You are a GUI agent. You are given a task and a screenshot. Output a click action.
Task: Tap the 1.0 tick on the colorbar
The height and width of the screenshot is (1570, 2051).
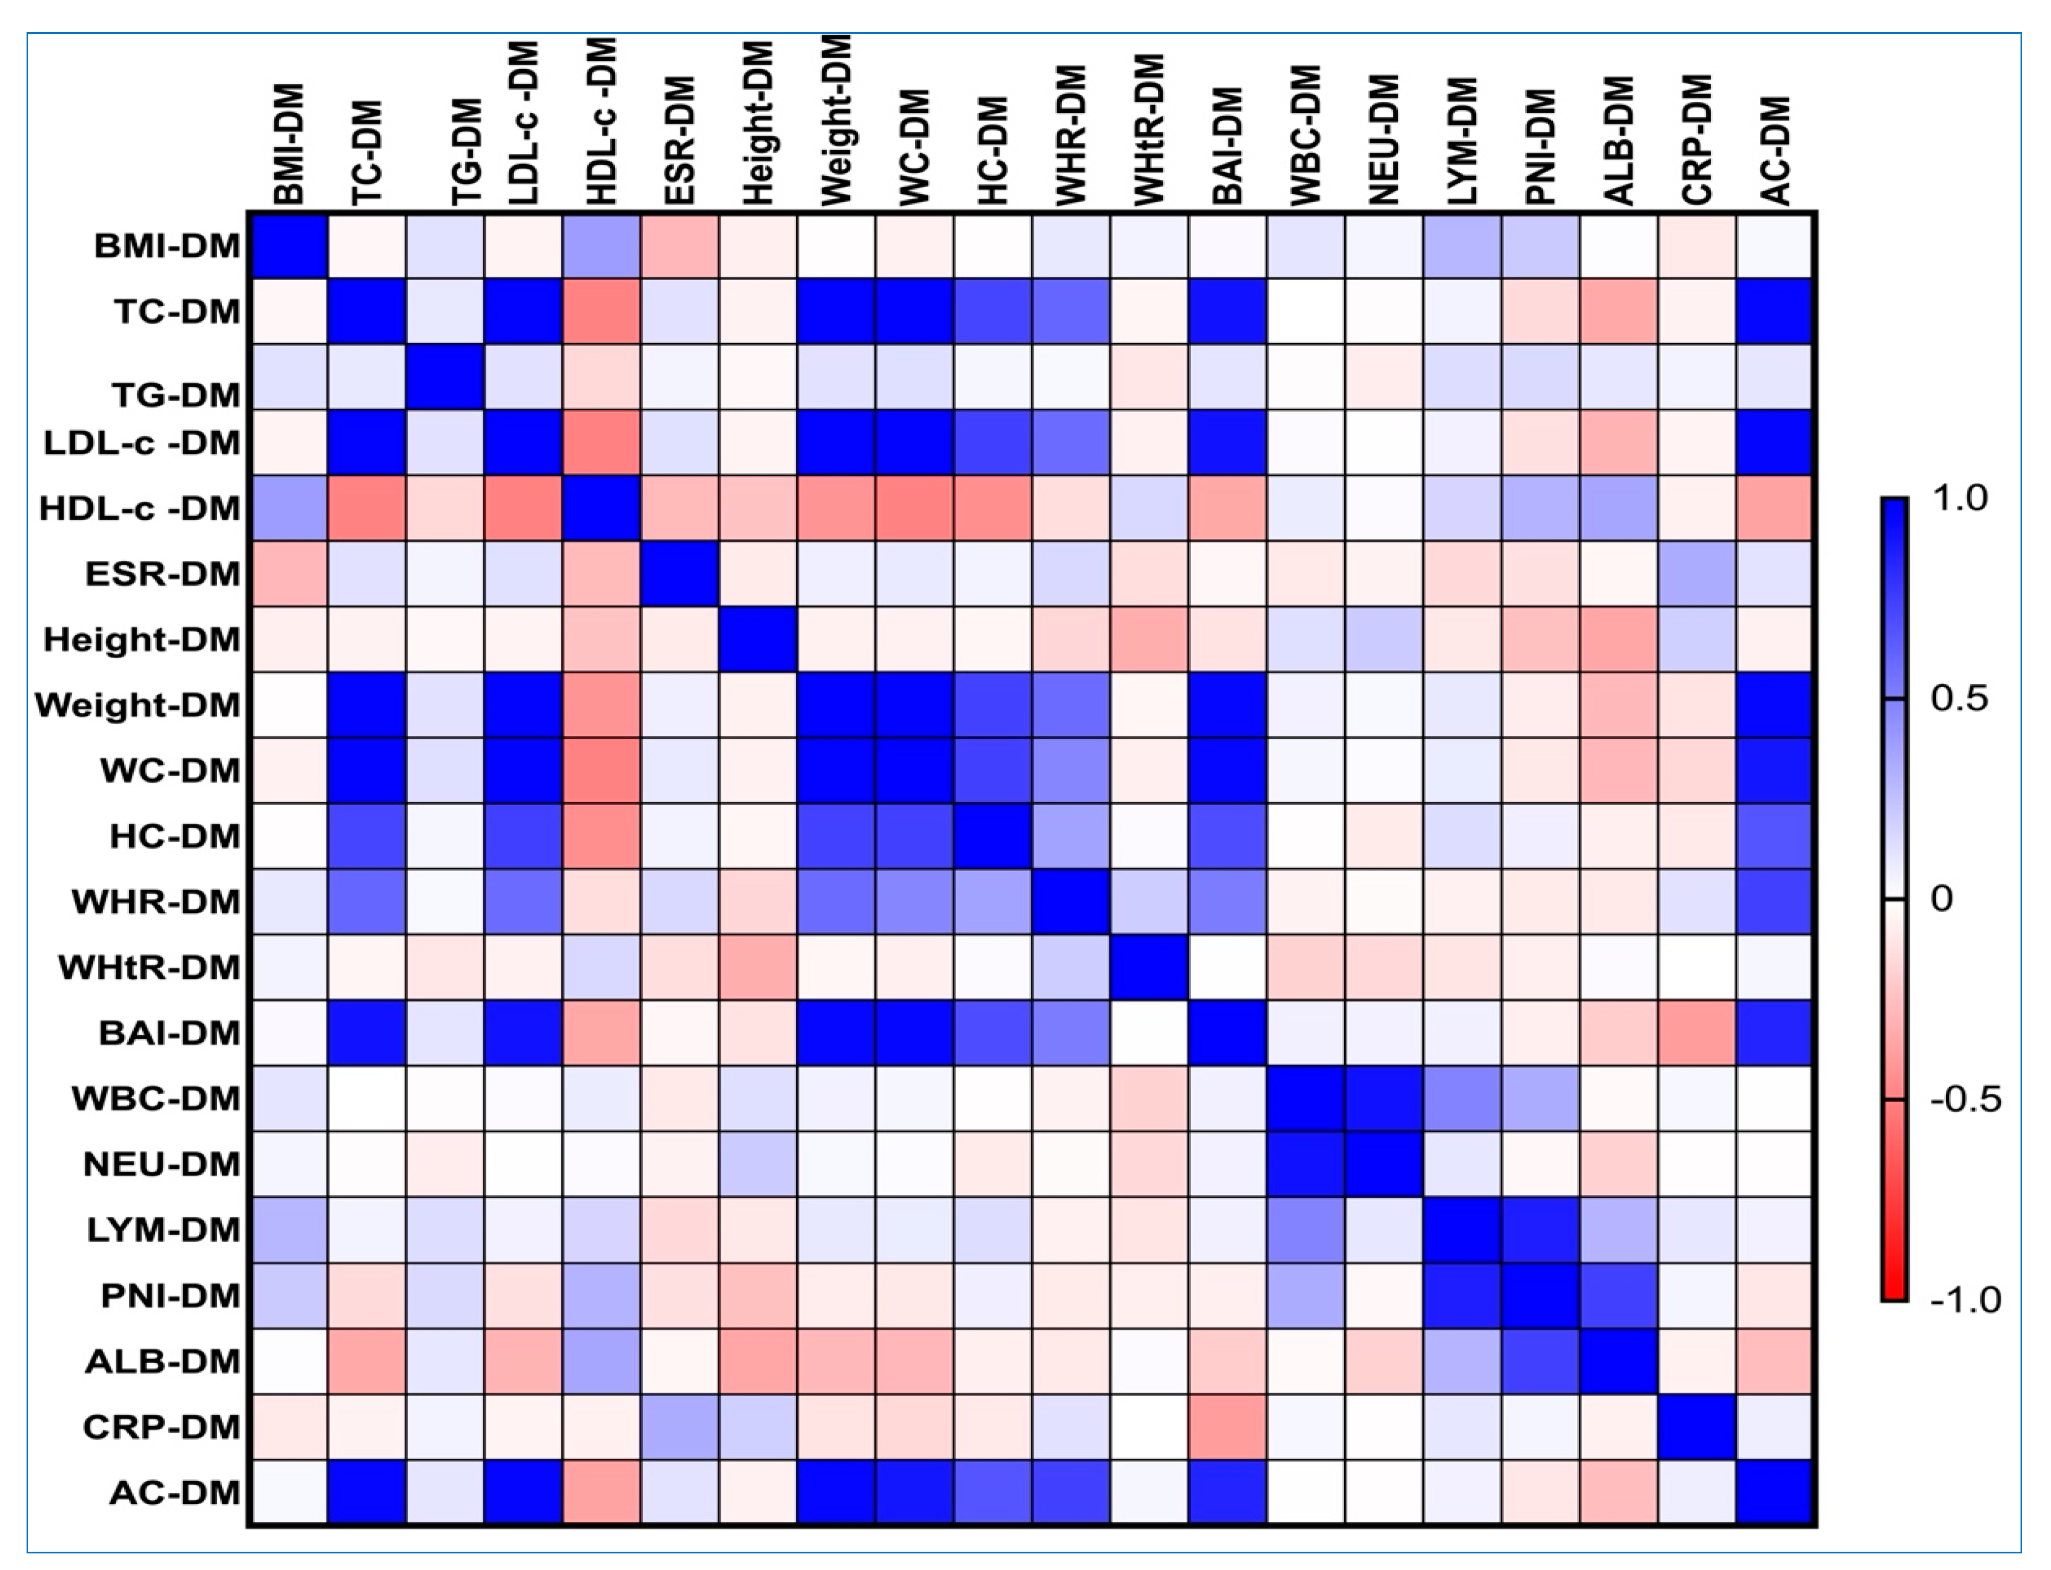1960,498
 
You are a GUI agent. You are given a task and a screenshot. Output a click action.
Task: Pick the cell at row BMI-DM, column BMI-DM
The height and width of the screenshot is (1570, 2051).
288,246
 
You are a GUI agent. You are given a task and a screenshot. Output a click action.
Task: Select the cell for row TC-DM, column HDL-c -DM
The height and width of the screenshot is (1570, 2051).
602,311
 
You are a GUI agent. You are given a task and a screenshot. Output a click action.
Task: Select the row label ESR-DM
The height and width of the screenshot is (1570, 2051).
163,574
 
